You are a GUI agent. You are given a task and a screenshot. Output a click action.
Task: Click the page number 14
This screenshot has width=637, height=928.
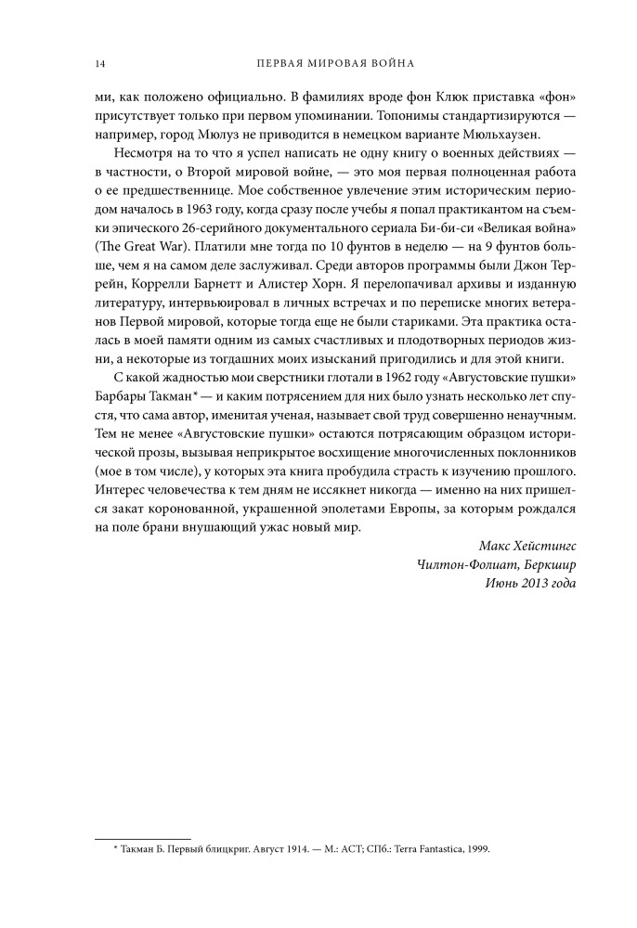tap(98, 63)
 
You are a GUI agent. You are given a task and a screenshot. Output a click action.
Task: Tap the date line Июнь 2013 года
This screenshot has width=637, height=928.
tap(530, 584)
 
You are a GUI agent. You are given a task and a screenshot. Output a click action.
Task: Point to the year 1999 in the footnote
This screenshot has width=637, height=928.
tap(474, 849)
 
